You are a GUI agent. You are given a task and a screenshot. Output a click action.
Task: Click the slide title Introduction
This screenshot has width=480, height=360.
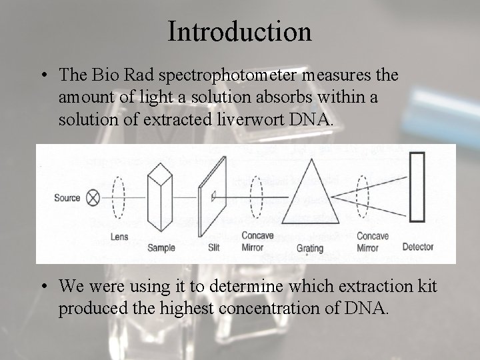click(x=240, y=31)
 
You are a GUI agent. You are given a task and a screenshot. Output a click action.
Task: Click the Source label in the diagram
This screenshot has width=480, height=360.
click(x=67, y=197)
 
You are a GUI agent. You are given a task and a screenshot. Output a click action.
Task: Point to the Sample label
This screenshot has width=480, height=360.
click(x=161, y=247)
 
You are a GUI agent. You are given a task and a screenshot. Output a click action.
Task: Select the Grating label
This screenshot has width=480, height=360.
click(x=309, y=249)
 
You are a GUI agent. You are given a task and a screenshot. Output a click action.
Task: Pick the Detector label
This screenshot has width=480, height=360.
click(x=418, y=247)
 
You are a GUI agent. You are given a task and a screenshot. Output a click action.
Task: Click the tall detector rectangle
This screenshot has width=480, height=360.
click(x=417, y=187)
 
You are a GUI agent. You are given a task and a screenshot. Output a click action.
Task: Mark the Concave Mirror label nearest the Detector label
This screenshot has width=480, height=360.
click(x=372, y=241)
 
